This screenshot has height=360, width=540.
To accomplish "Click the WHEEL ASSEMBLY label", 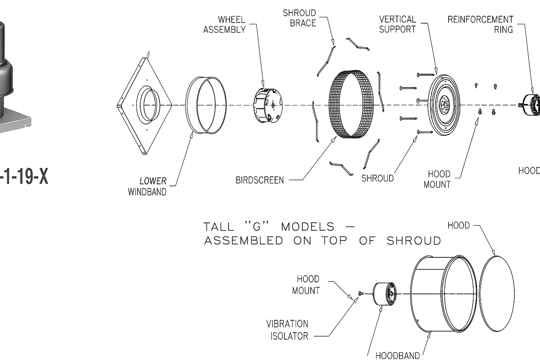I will pyautogui.click(x=224, y=24).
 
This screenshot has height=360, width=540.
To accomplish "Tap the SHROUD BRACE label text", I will pyautogui.click(x=300, y=18).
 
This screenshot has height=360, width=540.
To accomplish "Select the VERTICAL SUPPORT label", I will pyautogui.click(x=397, y=24).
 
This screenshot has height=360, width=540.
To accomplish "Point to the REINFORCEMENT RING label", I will pyautogui.click(x=480, y=24).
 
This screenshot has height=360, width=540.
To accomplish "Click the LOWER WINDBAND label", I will pyautogui.click(x=147, y=186).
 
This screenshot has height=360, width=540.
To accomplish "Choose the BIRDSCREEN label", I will pyautogui.click(x=260, y=180).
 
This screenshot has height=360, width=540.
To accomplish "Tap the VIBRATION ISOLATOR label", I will pyautogui.click(x=287, y=330).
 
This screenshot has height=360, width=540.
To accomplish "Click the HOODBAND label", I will pyautogui.click(x=397, y=356).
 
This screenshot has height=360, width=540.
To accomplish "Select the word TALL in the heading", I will pyautogui.click(x=219, y=227).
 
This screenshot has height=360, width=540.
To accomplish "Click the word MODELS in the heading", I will pyautogui.click(x=308, y=227).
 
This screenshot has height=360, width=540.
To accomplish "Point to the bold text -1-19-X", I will pyautogui.click(x=24, y=176).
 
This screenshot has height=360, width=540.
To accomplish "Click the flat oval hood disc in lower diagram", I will pyautogui.click(x=497, y=293).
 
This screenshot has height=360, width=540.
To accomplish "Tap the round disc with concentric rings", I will pyautogui.click(x=444, y=105).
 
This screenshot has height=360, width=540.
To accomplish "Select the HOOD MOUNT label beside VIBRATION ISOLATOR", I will pyautogui.click(x=306, y=285).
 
